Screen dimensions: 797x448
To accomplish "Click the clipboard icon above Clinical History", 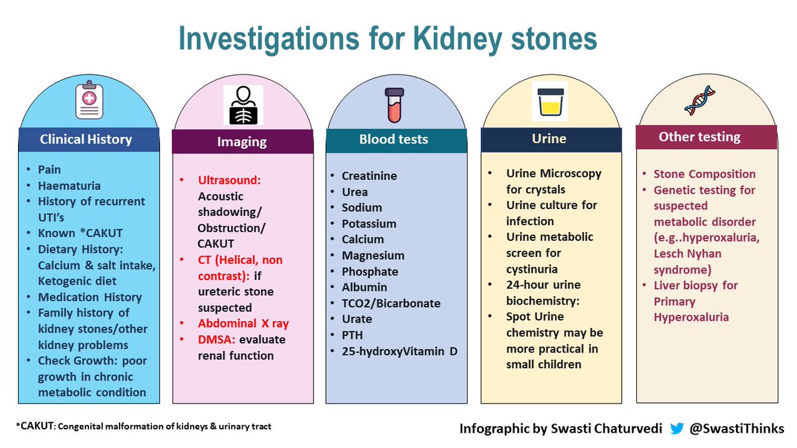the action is click(89, 101).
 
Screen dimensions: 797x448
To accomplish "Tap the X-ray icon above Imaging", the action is click(243, 105).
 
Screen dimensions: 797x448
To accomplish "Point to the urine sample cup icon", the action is click(549, 101).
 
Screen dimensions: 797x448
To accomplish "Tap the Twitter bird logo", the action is click(677, 429).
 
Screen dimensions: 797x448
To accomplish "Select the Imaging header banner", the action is click(242, 141).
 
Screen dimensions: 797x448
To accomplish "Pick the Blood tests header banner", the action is click(394, 139).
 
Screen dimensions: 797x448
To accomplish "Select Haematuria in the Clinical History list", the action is click(68, 186).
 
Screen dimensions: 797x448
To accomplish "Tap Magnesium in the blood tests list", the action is click(373, 256).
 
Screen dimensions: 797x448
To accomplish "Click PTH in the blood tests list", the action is click(353, 335).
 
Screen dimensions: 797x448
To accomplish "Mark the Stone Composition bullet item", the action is click(704, 174).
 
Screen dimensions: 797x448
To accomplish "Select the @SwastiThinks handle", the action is click(737, 429).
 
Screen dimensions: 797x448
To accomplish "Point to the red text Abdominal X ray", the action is click(243, 324).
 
